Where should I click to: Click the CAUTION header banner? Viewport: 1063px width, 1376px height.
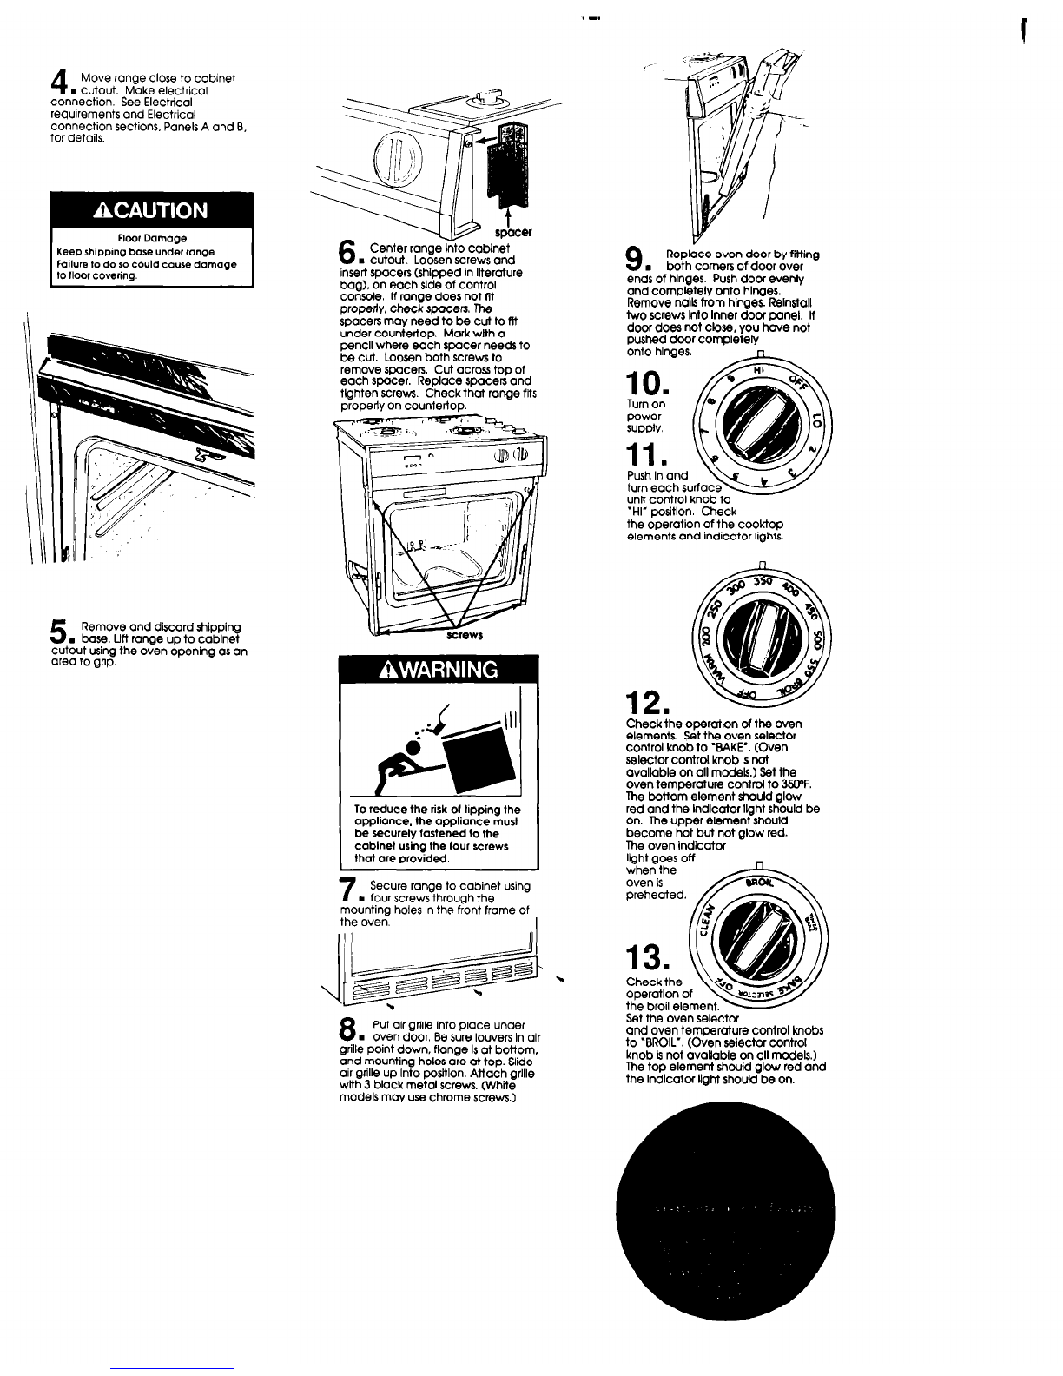[x=151, y=210]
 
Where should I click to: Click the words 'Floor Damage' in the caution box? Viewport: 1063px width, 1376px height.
[x=151, y=236]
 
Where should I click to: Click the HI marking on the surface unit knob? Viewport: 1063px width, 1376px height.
[x=757, y=368]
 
